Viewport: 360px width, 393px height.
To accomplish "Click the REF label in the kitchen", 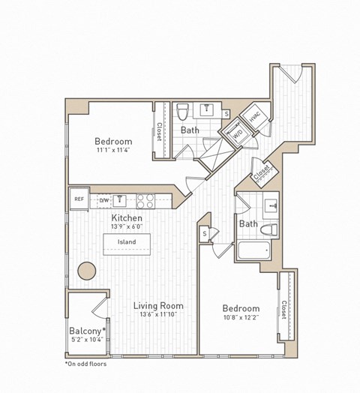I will coord(78,199).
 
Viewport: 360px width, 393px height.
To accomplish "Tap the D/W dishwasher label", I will coord(104,200).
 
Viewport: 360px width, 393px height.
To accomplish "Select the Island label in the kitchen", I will coord(126,242).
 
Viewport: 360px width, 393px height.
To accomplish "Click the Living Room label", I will coord(158,306).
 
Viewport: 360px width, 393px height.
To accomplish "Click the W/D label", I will coord(237,134).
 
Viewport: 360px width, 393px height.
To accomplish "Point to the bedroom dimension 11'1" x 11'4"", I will coord(113,150).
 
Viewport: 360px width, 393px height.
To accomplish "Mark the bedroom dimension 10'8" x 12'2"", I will coord(240,317).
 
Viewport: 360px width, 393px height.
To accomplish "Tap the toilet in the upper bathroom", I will coord(181,112).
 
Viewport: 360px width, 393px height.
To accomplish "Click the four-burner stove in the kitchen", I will coord(145,200).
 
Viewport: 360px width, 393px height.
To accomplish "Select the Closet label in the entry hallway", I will coord(262,174).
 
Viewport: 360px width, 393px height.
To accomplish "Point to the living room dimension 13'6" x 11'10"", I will coord(158,315).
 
